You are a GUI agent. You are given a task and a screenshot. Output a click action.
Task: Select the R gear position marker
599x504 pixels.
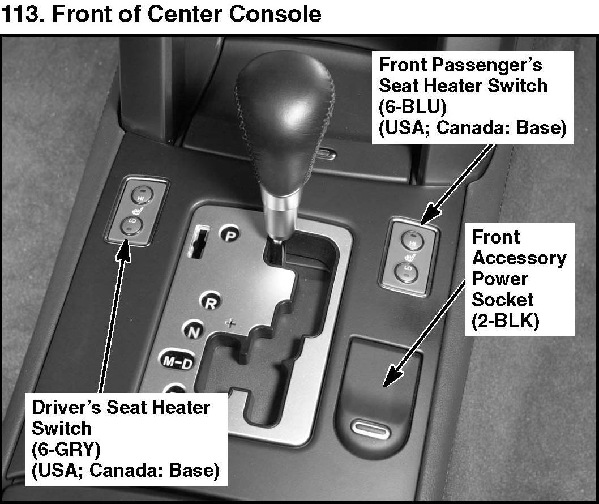(211, 303)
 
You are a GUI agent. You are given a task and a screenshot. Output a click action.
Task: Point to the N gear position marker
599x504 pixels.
(193, 331)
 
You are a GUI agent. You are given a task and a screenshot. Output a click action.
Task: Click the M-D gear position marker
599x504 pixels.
(177, 361)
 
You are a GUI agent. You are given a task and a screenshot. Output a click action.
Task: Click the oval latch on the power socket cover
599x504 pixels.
(370, 429)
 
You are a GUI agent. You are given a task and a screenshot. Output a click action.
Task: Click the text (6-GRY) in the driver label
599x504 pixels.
(66, 449)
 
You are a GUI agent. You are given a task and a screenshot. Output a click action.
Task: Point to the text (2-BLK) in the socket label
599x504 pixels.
(506, 321)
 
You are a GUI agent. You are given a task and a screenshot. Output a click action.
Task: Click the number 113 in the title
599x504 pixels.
(23, 14)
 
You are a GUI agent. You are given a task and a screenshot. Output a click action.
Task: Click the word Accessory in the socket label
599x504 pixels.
(519, 258)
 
